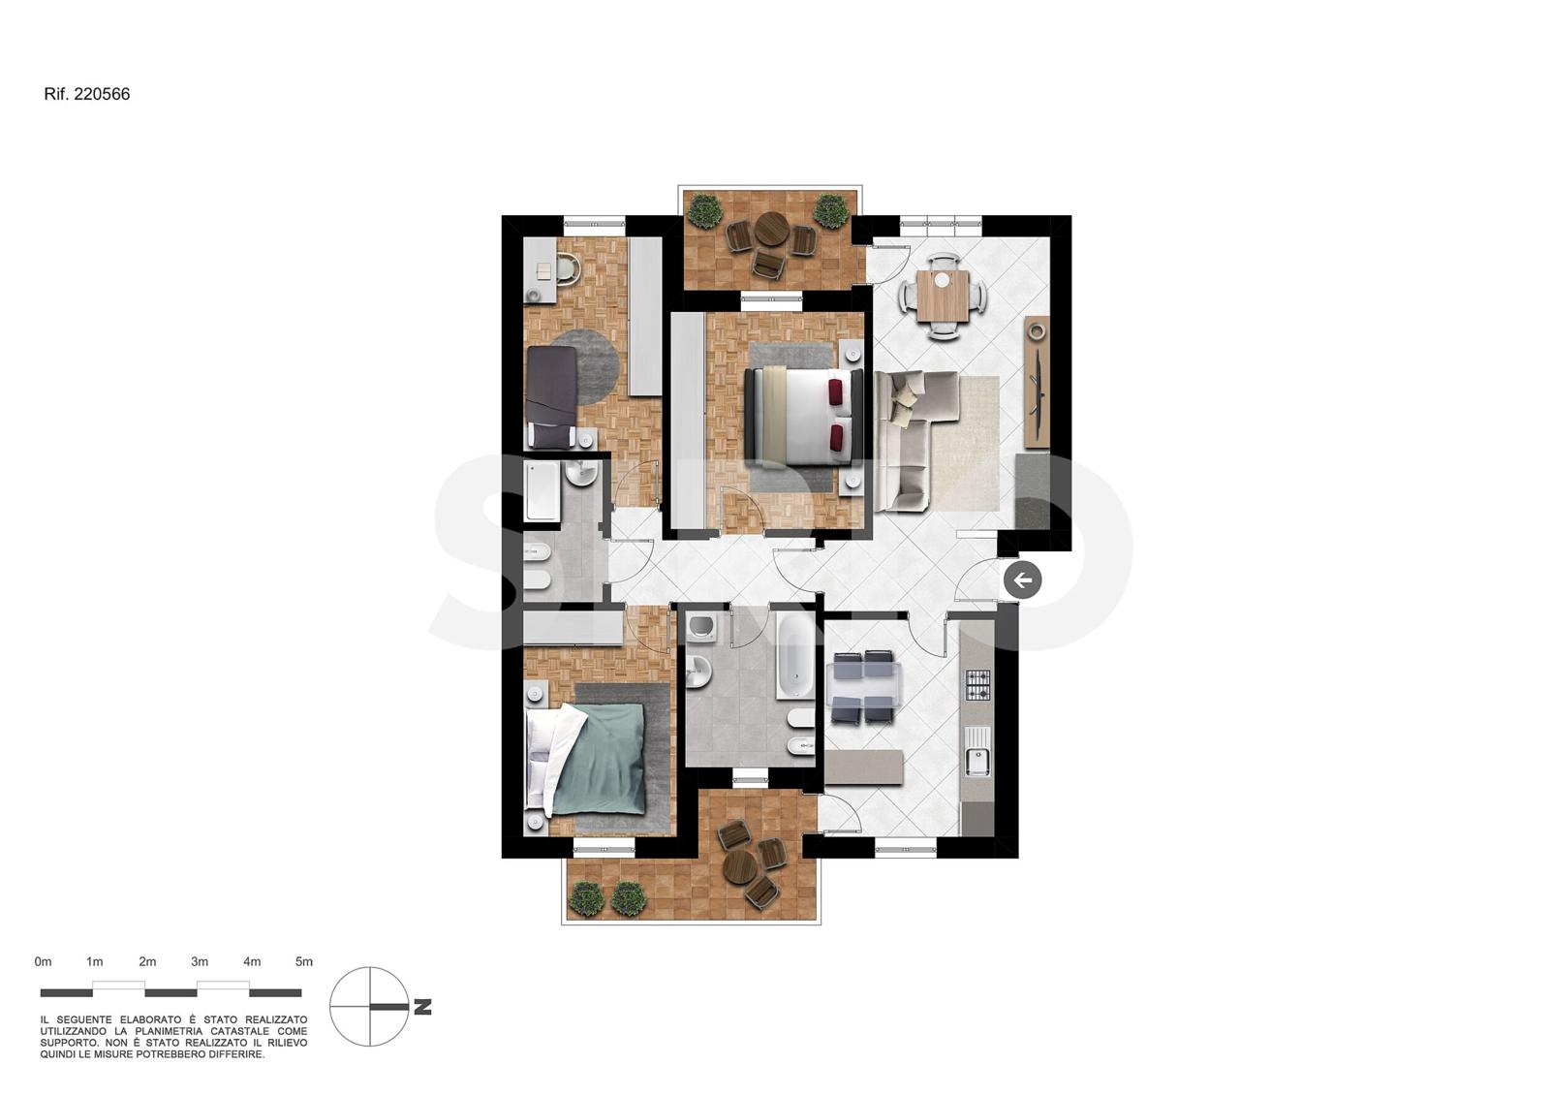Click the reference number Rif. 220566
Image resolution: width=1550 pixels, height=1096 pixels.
(x=86, y=94)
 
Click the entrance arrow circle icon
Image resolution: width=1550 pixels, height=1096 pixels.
(x=1022, y=580)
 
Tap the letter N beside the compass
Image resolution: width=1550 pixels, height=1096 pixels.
(x=422, y=1008)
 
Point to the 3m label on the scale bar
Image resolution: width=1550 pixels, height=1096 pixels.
(x=200, y=961)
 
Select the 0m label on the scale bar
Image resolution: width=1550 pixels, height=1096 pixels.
(x=43, y=961)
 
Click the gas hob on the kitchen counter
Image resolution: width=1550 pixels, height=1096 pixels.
(x=977, y=685)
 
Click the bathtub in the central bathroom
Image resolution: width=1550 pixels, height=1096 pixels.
(x=794, y=656)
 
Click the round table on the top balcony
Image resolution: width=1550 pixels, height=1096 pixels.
(x=769, y=229)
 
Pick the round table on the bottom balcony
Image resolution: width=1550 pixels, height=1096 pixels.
(x=739, y=866)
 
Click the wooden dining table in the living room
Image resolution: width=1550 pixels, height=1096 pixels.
(x=943, y=296)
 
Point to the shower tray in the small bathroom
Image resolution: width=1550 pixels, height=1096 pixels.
(x=542, y=491)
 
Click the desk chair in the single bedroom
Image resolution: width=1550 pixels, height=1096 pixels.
(x=568, y=268)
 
